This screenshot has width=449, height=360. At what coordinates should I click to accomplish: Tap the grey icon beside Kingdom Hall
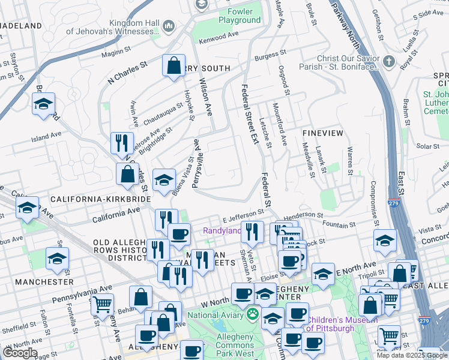coord(167,26)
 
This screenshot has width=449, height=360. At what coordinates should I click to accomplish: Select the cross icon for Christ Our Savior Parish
coord(388,62)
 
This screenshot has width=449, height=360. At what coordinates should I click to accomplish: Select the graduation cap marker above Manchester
coord(58,259)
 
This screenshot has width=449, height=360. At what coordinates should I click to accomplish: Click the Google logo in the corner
coord(20,353)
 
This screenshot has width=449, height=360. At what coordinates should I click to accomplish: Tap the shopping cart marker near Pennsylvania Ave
coord(102,304)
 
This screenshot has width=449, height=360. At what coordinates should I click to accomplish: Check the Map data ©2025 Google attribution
coord(411,355)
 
